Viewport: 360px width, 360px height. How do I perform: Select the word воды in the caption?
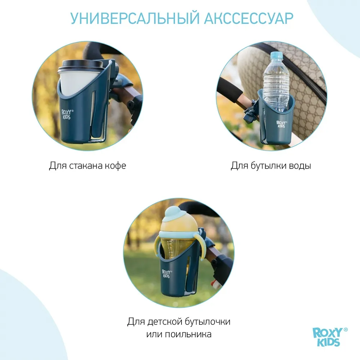300,166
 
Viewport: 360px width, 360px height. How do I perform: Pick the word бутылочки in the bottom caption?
211,321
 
